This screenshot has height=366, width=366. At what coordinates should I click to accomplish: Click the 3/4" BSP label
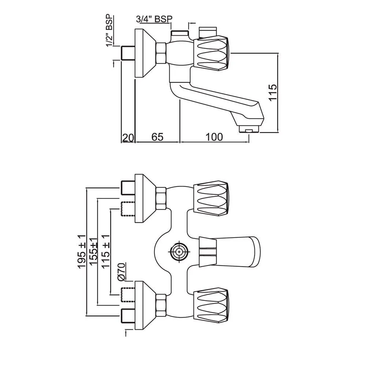point(154,19)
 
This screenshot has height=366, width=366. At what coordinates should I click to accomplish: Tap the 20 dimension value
point(128,137)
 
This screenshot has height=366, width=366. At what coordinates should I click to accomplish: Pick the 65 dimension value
point(157,137)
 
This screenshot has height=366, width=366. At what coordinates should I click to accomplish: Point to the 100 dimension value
point(214,137)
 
